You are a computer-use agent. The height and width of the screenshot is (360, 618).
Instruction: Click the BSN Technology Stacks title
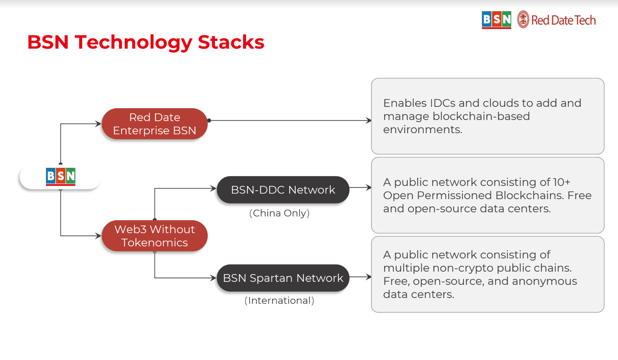click(146, 42)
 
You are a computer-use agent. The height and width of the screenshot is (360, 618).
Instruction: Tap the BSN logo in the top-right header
click(496, 20)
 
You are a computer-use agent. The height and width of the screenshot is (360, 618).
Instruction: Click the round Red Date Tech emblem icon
click(523, 20)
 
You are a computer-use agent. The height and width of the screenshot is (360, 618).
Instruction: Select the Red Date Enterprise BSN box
click(154, 124)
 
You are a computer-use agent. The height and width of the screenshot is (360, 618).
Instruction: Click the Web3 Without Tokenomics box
click(154, 236)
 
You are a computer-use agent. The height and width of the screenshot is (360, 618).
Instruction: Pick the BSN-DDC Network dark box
click(283, 190)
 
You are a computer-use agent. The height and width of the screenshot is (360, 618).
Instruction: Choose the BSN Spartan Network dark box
click(283, 278)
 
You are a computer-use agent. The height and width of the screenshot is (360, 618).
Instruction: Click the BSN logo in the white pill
click(61, 176)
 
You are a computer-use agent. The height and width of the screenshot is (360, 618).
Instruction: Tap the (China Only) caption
click(279, 213)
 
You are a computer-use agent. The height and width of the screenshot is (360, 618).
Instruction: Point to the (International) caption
click(279, 301)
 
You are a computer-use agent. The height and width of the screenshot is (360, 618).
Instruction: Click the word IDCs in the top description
click(442, 103)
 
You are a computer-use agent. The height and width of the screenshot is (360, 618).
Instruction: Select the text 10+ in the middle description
click(561, 182)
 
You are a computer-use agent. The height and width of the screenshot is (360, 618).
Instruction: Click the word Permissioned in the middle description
click(454, 195)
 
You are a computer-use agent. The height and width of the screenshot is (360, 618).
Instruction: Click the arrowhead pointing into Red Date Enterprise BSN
click(98, 124)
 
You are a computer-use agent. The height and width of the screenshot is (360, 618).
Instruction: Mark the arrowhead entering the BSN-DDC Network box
click(213, 189)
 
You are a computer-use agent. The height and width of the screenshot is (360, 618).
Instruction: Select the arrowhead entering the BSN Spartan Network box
click(213, 278)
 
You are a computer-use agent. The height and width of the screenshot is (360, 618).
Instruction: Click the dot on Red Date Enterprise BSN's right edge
click(209, 121)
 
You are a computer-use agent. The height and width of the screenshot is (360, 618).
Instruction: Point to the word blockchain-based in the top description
click(481, 116)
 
